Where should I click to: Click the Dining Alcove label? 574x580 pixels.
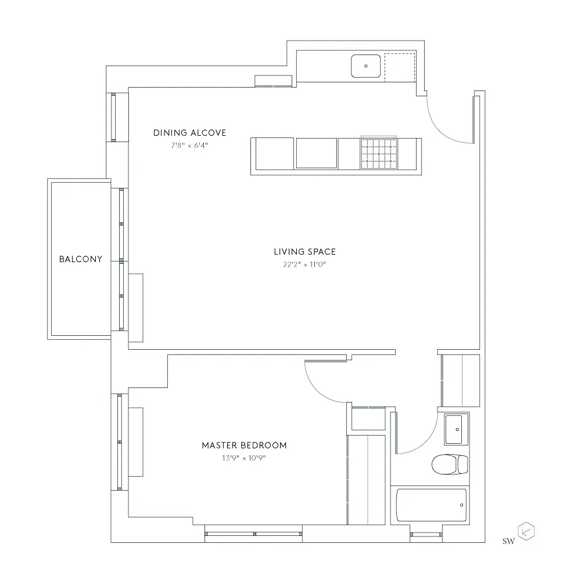[x=189, y=133]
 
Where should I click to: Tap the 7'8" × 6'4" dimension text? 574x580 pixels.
[x=189, y=146]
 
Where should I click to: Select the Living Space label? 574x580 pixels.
[x=304, y=252]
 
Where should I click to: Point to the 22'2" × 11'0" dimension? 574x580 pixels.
[x=304, y=264]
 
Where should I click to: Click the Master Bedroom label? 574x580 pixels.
[x=244, y=445]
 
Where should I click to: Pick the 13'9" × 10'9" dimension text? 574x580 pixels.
[x=244, y=458]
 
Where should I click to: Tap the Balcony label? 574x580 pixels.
[x=80, y=259]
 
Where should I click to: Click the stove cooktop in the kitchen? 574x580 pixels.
[x=379, y=154]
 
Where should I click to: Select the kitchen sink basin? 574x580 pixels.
[x=366, y=66]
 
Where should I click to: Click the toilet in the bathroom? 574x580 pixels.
[x=450, y=464]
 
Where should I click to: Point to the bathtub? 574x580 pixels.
[x=431, y=505]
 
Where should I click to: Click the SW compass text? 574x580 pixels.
[x=508, y=541]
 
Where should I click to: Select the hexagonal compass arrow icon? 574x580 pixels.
[x=526, y=532]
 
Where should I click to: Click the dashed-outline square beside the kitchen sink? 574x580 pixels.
[x=400, y=68]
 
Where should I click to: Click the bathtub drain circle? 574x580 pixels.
[x=462, y=505]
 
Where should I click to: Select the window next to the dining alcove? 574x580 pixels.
[x=113, y=117]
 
